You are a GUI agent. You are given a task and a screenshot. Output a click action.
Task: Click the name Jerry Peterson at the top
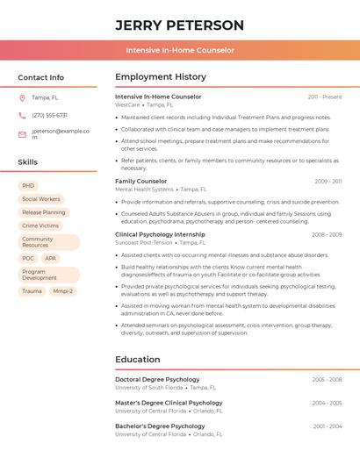point(179,25)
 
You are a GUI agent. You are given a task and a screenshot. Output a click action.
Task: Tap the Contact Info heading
point(40,77)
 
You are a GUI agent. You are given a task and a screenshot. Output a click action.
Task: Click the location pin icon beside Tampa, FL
point(22,97)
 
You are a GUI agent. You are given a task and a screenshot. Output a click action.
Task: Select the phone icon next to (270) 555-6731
point(22,115)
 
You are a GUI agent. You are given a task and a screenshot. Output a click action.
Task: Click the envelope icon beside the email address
point(22,134)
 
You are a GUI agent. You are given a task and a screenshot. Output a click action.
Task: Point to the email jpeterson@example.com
point(61,134)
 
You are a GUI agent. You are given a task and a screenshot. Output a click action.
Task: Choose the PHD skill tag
point(28,186)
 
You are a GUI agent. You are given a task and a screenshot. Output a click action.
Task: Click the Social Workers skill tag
point(41,199)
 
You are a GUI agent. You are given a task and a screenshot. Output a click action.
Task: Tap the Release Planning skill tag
point(44,212)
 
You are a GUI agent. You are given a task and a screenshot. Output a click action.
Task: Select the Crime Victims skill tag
point(40,225)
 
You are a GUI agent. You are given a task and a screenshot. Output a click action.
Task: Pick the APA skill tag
point(51,259)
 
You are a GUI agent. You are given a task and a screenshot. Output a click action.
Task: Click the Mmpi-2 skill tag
point(62,290)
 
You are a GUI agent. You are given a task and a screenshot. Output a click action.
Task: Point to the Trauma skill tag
point(32,290)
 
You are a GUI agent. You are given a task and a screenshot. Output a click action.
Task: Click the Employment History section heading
point(161,77)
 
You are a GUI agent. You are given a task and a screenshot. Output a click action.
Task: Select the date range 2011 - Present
point(325,97)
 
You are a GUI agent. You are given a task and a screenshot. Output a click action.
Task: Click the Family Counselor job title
point(140,182)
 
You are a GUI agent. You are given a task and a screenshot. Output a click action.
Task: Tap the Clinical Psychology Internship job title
point(160,235)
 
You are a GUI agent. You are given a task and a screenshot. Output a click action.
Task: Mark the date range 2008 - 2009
point(327,235)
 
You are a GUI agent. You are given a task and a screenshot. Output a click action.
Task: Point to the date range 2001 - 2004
point(327,426)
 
